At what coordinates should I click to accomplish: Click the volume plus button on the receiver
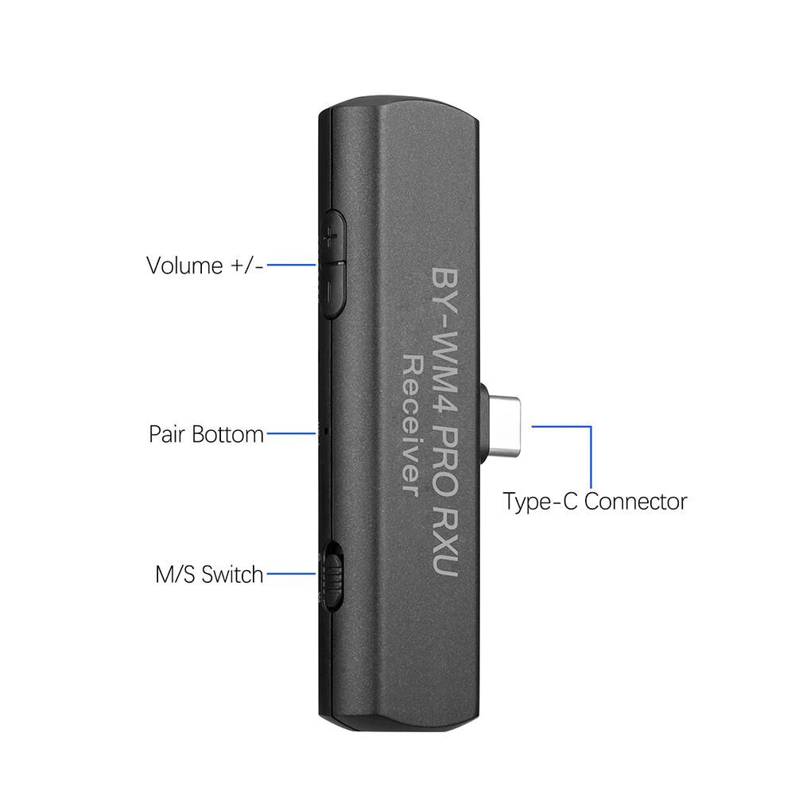point(332,237)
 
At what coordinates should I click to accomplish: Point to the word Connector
point(635,502)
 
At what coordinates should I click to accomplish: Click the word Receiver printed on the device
point(411,425)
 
